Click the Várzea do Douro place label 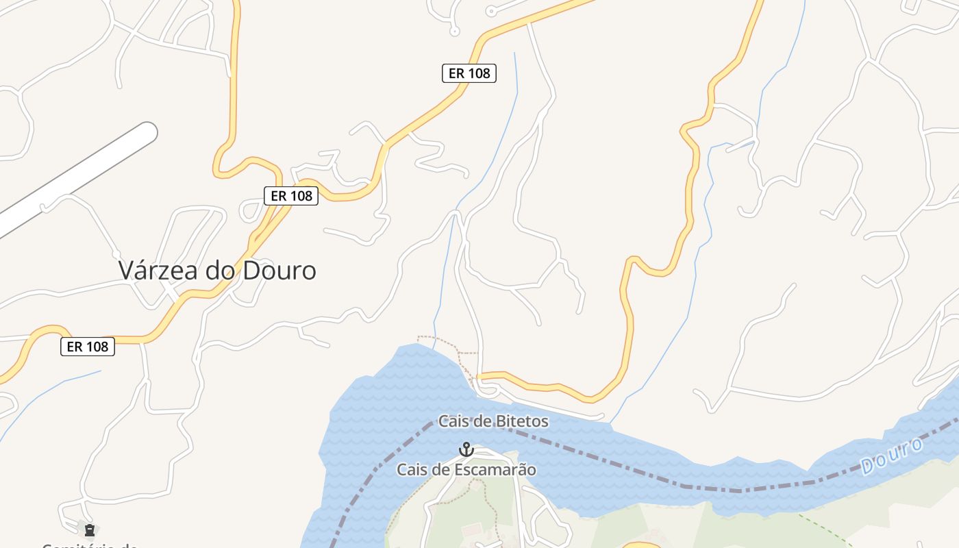pyautogui.click(x=217, y=270)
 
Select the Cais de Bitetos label pyautogui.click(x=493, y=421)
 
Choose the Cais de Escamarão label pyautogui.click(x=466, y=470)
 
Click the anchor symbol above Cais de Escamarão pyautogui.click(x=466, y=450)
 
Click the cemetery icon pyautogui.click(x=89, y=530)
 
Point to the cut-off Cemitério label pyautogui.click(x=89, y=545)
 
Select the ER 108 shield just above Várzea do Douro pyautogui.click(x=291, y=196)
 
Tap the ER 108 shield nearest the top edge pyautogui.click(x=469, y=73)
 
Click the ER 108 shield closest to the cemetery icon pyautogui.click(x=88, y=347)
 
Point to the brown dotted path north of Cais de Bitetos pyautogui.click(x=438, y=337)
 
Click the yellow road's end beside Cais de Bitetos pyautogui.click(x=481, y=377)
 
